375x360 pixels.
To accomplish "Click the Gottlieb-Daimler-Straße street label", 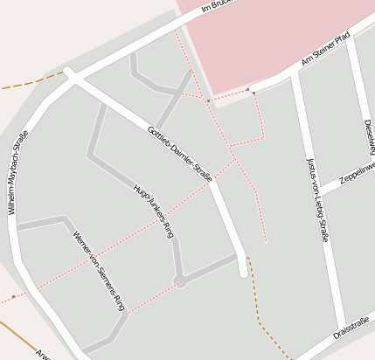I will click(181, 154).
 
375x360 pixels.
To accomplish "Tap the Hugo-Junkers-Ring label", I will click(153, 211).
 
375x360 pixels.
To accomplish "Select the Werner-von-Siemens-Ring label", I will click(100, 272).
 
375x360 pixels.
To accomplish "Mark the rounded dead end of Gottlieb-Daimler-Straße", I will click(244, 273).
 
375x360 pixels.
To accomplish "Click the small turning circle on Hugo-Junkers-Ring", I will click(181, 281).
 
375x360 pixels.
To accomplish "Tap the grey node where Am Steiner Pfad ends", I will click(250, 89).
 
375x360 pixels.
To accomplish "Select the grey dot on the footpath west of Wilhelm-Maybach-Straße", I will click(13, 296).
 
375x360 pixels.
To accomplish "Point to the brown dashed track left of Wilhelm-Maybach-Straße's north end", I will click(31, 83).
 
